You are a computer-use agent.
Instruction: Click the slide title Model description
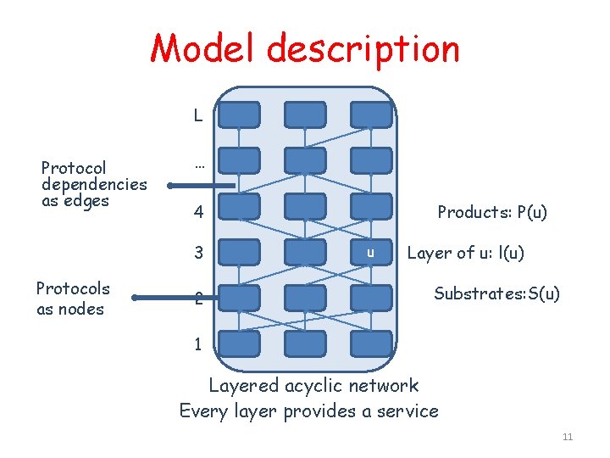(305, 49)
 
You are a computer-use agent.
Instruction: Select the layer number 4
(198, 212)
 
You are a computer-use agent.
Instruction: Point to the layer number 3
(198, 253)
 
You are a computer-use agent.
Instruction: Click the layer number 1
(198, 344)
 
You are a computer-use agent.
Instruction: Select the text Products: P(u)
(491, 212)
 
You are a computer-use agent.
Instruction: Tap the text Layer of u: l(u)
(465, 253)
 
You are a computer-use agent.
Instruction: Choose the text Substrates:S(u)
(496, 293)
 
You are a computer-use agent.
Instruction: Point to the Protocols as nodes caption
(72, 299)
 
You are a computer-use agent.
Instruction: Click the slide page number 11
(568, 437)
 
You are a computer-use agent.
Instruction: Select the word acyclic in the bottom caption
(317, 386)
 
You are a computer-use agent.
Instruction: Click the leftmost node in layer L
(240, 114)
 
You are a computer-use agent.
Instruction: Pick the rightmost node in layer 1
(370, 343)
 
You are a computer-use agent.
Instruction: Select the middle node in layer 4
(305, 206)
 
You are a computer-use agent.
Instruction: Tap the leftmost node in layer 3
(240, 252)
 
